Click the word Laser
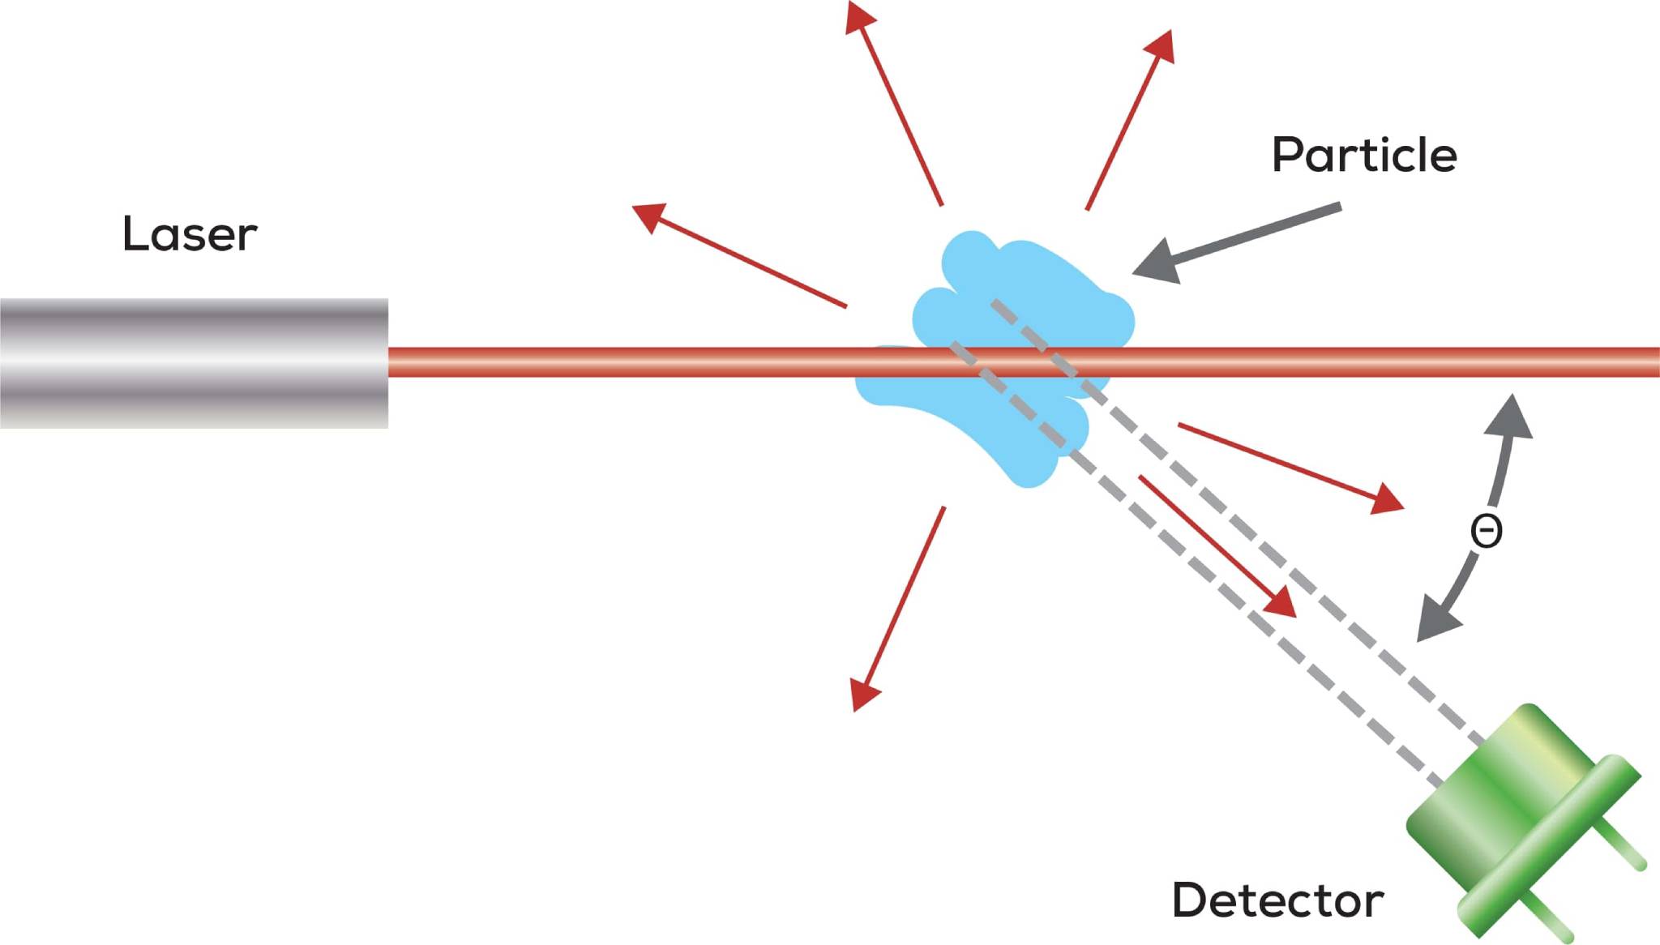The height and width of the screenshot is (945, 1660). (x=190, y=234)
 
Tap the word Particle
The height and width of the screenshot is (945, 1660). (x=1364, y=155)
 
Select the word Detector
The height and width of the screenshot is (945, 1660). (x=1277, y=900)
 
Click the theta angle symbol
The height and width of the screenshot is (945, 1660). (x=1486, y=532)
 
